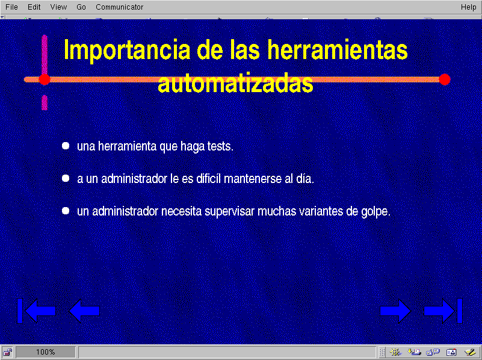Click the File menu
pyautogui.click(x=11, y=7)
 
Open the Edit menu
pyautogui.click(x=34, y=7)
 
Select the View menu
pyautogui.click(x=58, y=7)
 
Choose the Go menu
pyautogui.click(x=81, y=7)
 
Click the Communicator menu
pyautogui.click(x=119, y=7)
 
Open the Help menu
pyautogui.click(x=468, y=7)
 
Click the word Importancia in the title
pyautogui.click(x=127, y=51)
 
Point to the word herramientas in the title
pyautogui.click(x=337, y=49)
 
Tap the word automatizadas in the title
pyautogui.click(x=235, y=82)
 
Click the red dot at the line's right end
pyautogui.click(x=445, y=79)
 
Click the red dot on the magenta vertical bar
pyautogui.click(x=45, y=79)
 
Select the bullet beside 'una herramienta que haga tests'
pyautogui.click(x=66, y=146)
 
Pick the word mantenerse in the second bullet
pyautogui.click(x=253, y=179)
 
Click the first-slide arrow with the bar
pyautogui.click(x=36, y=311)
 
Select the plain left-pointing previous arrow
pyautogui.click(x=84, y=311)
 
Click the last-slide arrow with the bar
pyautogui.click(x=443, y=311)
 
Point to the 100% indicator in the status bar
pyautogui.click(x=46, y=352)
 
